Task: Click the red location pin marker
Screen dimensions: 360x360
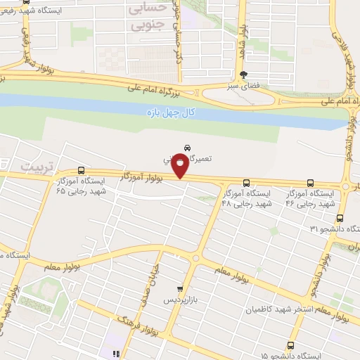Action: tap(181, 166)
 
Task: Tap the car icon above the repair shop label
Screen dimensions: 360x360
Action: tap(187, 148)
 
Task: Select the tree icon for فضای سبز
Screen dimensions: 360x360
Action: tap(243, 75)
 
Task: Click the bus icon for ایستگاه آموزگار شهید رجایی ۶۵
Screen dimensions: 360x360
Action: tap(82, 171)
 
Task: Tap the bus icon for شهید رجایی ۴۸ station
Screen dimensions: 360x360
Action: tap(247, 181)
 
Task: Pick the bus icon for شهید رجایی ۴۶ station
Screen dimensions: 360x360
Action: tap(311, 181)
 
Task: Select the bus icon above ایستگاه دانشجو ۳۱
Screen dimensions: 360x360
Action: tap(340, 218)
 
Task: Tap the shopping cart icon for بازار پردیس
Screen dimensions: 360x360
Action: tap(181, 289)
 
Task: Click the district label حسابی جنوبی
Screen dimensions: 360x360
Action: tap(147, 18)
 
